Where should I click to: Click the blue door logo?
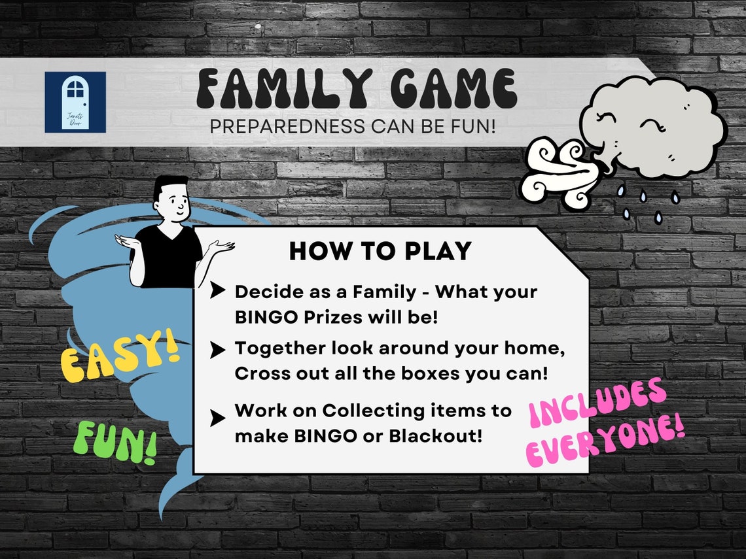75,102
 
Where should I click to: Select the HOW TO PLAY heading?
380,251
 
